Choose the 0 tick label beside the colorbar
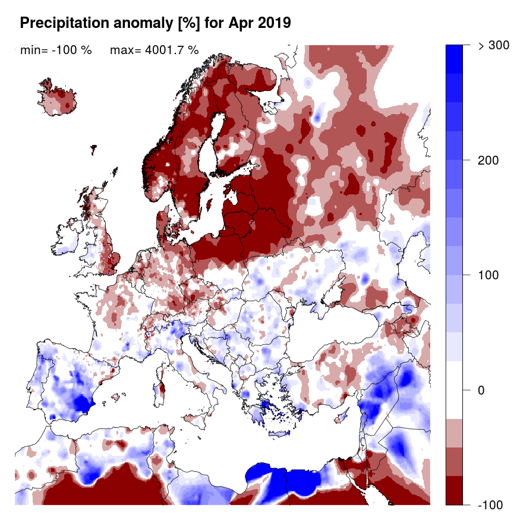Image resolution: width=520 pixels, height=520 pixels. coord(482,390)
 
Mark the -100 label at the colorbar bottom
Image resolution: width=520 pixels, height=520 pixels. coord(490,505)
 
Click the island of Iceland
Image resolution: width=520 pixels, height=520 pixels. coord(59,99)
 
